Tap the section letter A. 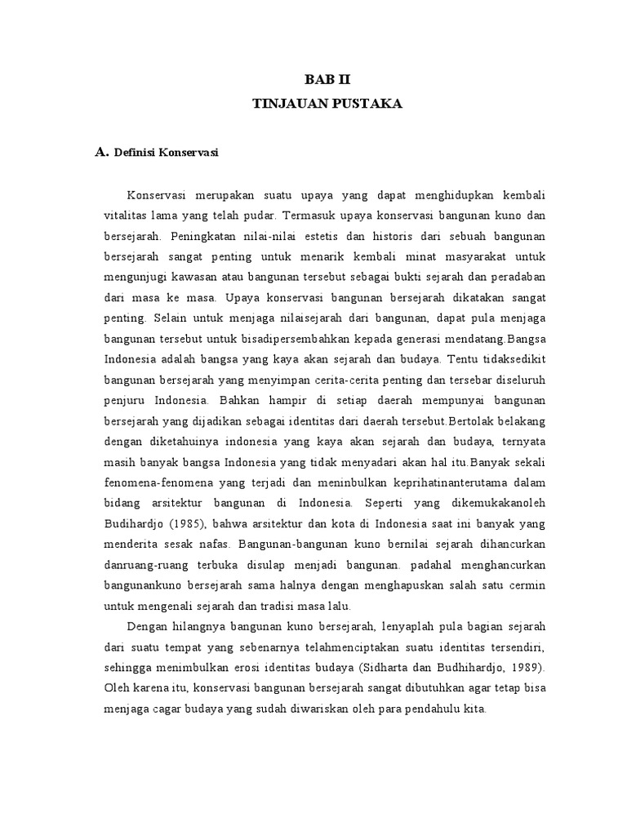tap(101, 151)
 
